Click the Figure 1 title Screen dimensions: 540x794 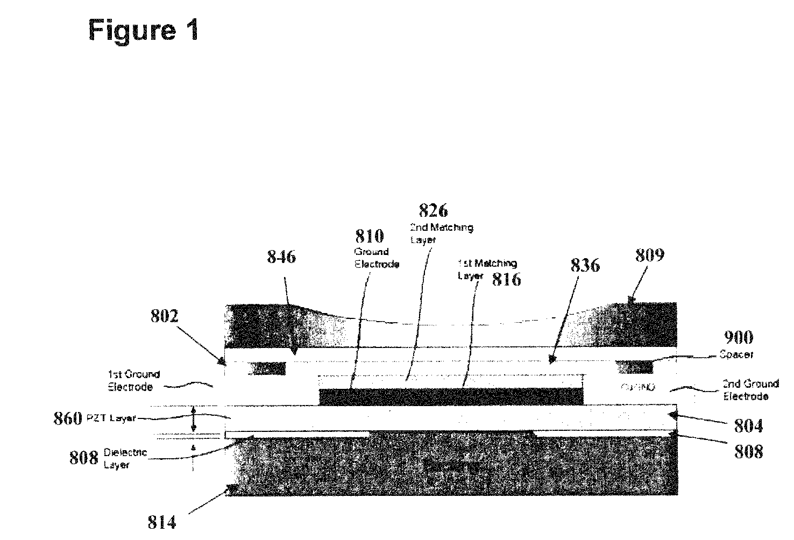click(144, 30)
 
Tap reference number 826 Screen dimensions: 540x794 click(433, 210)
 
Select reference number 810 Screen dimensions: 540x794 click(369, 236)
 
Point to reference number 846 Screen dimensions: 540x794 click(281, 257)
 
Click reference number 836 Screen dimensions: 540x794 click(585, 265)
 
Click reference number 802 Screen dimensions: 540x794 click(164, 316)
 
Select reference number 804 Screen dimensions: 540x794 click(748, 427)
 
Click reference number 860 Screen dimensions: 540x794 click(68, 418)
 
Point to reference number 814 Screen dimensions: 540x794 click(162, 522)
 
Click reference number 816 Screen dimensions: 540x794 click(506, 279)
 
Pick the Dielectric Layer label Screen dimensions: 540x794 click(125, 459)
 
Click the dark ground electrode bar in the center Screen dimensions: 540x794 click(451, 397)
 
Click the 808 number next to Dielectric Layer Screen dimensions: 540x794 click(84, 458)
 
